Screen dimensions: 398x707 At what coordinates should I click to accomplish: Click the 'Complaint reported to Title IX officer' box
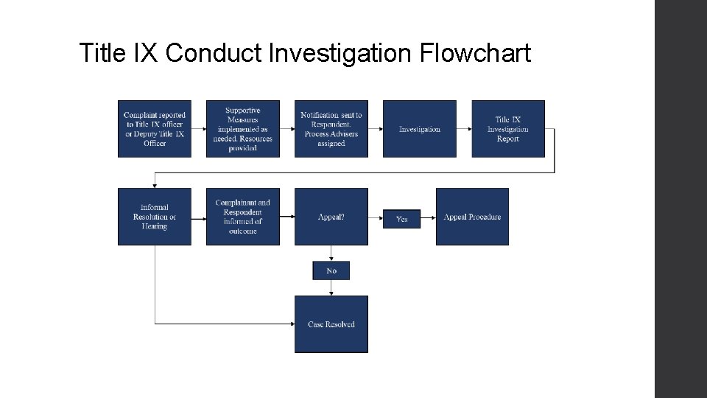click(x=155, y=129)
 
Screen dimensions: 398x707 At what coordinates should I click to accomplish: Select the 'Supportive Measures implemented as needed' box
click(x=243, y=129)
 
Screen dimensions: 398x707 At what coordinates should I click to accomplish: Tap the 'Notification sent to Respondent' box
click(x=331, y=129)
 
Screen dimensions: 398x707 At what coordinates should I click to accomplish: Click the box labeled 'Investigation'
click(x=420, y=129)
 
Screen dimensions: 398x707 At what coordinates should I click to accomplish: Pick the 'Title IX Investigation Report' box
click(x=508, y=129)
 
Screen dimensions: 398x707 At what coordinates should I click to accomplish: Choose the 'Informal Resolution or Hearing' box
click(x=155, y=217)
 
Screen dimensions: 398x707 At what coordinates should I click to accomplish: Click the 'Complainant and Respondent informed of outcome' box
click(x=243, y=217)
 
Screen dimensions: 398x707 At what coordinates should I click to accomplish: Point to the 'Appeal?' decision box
click(x=331, y=217)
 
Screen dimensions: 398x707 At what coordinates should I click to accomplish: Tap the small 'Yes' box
click(x=401, y=219)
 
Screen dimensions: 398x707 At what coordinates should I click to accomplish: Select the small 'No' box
click(x=331, y=270)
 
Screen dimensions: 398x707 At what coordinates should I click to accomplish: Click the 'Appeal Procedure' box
click(x=472, y=217)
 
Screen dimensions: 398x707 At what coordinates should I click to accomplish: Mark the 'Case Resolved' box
click(x=331, y=324)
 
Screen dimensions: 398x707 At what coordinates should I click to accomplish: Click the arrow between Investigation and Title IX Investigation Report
click(x=464, y=129)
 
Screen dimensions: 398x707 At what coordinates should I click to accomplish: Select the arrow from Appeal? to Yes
click(x=376, y=217)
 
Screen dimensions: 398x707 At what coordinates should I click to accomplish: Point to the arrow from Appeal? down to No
click(x=331, y=254)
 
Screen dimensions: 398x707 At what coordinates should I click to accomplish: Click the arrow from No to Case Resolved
click(x=331, y=288)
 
